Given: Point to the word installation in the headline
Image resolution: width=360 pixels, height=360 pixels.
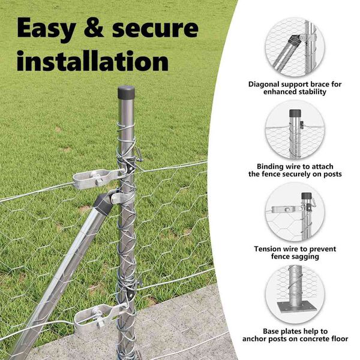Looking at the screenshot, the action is pos(92,61).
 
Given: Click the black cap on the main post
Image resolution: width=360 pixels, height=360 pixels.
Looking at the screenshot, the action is pos(126,92).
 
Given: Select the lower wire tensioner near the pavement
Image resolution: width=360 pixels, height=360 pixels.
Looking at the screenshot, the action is pos(99,315).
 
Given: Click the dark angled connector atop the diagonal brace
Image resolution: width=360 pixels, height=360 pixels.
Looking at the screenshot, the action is pos(104,203).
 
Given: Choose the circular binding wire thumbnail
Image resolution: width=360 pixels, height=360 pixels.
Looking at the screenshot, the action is pos(295,130).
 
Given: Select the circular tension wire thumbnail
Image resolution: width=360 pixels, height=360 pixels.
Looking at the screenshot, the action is pos(295,212).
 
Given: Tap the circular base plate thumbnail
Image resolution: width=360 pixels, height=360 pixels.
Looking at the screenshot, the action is pos(295,295).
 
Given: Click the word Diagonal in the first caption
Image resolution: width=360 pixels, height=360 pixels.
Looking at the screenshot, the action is pos(264,85).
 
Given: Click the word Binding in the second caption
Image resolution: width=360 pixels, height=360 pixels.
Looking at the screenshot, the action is pos(271,166).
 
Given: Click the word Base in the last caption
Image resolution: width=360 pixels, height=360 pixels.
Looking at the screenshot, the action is pos(271,331).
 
